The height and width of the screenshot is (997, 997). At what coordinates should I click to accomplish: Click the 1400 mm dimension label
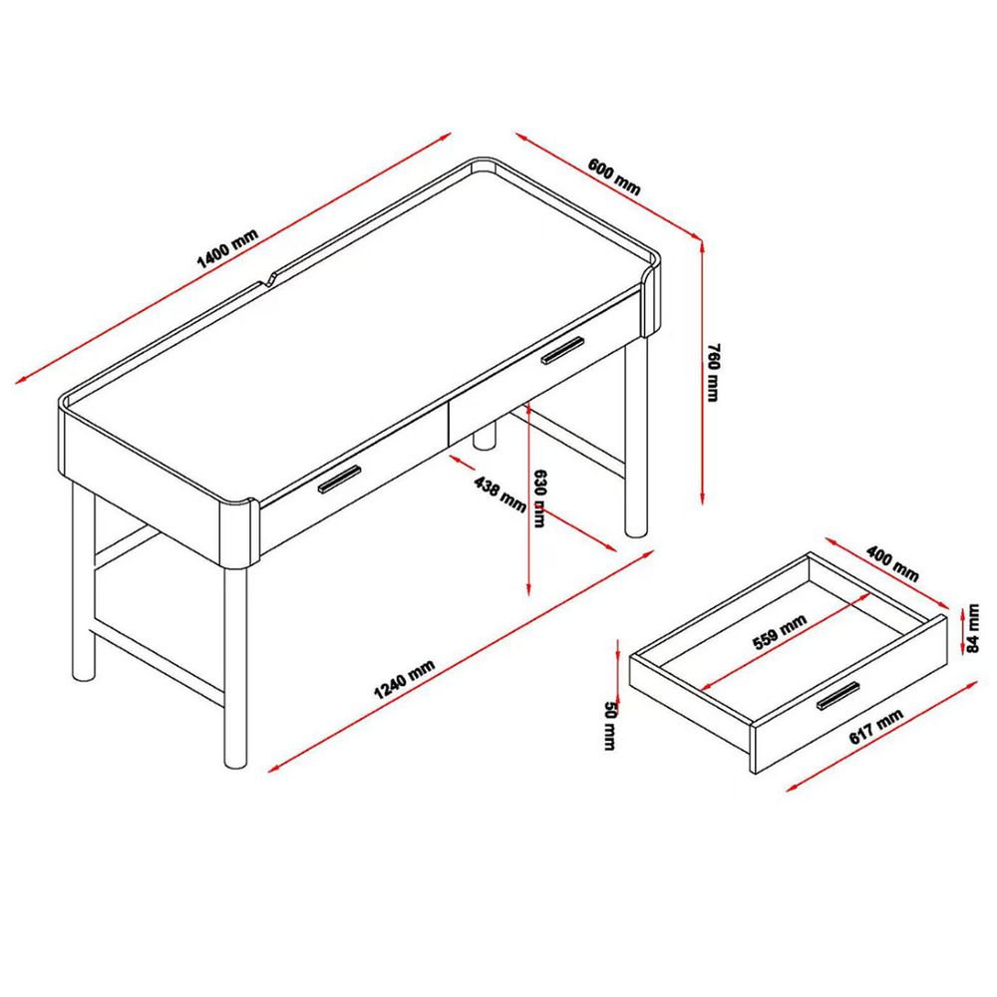pyautogui.click(x=227, y=248)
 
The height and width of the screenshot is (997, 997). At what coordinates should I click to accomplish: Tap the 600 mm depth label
pyautogui.click(x=613, y=176)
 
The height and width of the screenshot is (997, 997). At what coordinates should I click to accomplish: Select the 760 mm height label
pyautogui.click(x=714, y=372)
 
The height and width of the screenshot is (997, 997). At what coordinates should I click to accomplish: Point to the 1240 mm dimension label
pyautogui.click(x=405, y=679)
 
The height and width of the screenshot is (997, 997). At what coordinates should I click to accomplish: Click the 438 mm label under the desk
pyautogui.click(x=499, y=495)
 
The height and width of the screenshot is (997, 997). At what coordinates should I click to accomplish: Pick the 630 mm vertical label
pyautogui.click(x=539, y=498)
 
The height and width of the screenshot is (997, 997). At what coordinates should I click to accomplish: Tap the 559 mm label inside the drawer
pyautogui.click(x=780, y=633)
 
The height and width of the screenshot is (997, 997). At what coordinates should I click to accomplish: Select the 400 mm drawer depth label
pyautogui.click(x=892, y=563)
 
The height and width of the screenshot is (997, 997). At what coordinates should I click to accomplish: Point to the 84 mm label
pyautogui.click(x=973, y=628)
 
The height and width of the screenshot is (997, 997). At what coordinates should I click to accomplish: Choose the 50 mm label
pyautogui.click(x=610, y=726)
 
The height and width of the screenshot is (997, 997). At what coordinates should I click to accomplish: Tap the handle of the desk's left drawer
pyautogui.click(x=339, y=479)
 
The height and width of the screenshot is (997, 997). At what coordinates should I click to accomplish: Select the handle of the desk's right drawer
pyautogui.click(x=562, y=350)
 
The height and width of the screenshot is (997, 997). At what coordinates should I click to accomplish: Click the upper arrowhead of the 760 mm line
pyautogui.click(x=701, y=245)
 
